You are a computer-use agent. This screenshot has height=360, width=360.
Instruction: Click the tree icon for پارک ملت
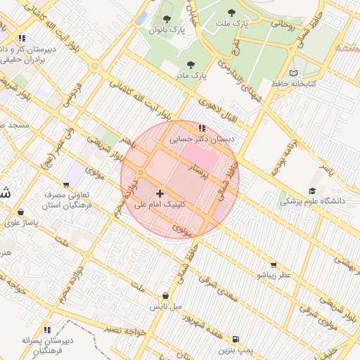point(232,12)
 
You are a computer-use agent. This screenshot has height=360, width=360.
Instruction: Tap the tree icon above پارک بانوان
point(166,19)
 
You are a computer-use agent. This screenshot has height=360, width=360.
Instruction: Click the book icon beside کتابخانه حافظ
point(293,73)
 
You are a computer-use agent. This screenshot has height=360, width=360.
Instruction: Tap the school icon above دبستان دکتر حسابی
point(202,128)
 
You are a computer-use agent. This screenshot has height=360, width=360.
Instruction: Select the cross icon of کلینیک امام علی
point(160,193)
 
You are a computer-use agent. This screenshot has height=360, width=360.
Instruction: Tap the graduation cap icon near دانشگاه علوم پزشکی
point(311,191)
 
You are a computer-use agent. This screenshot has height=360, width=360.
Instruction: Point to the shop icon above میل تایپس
point(165,296)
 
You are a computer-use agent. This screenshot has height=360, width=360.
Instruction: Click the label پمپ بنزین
point(234,349)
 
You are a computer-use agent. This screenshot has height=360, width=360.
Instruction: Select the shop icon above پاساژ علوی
point(21,212)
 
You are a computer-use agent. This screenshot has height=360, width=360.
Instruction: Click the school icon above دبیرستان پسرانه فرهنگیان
point(47,329)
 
